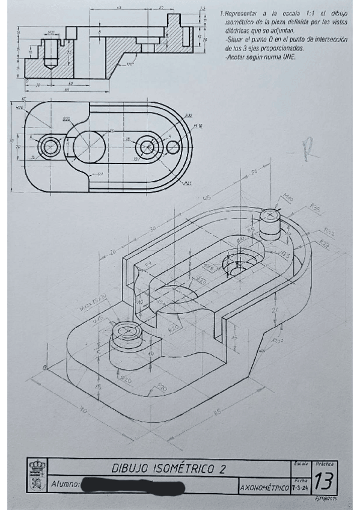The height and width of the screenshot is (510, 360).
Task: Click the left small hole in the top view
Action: point(49,146)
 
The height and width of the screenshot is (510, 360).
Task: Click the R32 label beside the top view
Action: point(188,114)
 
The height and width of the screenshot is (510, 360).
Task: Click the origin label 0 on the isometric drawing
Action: point(44,367)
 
